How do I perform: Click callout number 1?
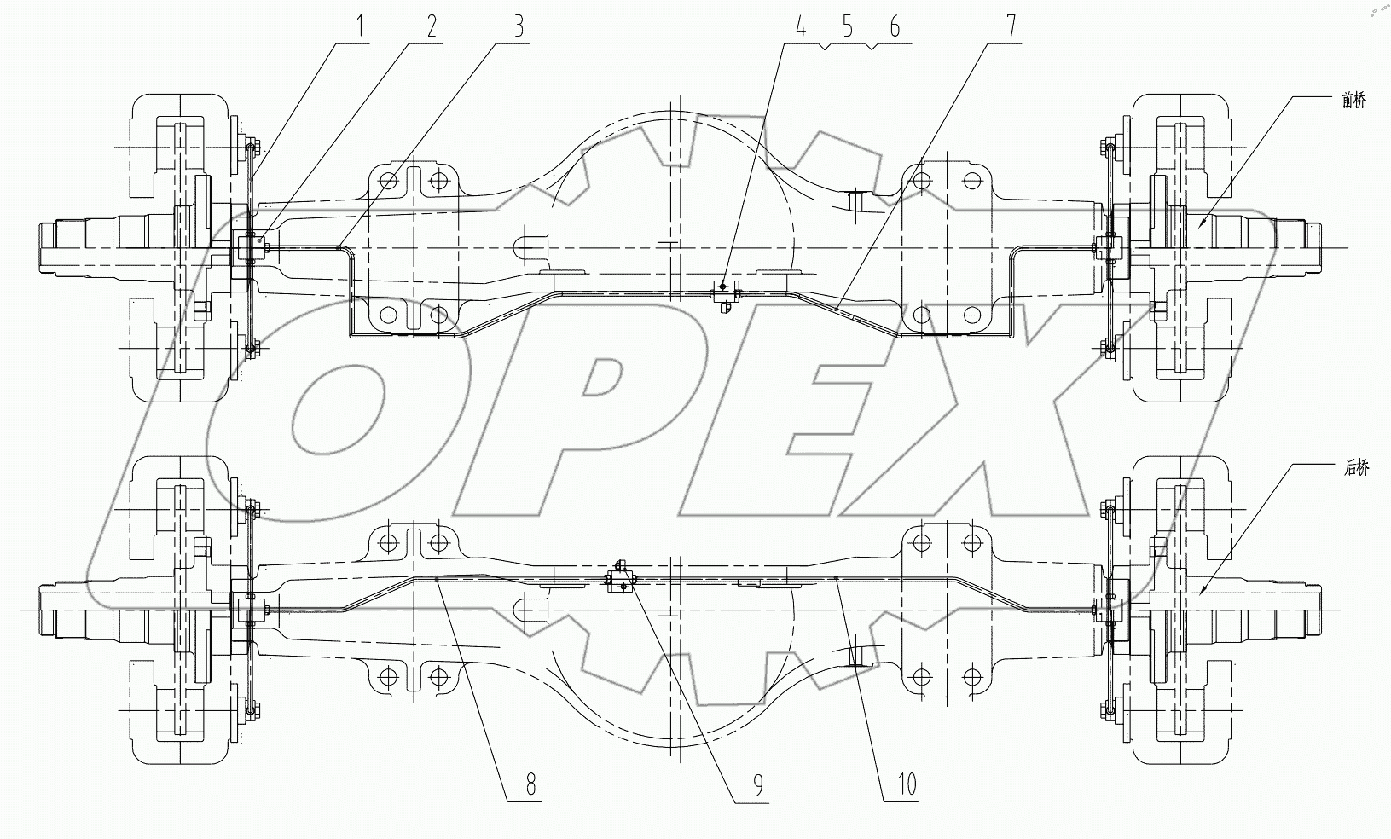coord(361,27)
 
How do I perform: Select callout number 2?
coord(432,27)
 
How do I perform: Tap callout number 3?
coord(517,27)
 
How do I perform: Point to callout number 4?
coord(800,27)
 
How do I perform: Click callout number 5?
coord(847,27)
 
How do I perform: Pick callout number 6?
coord(895,27)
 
